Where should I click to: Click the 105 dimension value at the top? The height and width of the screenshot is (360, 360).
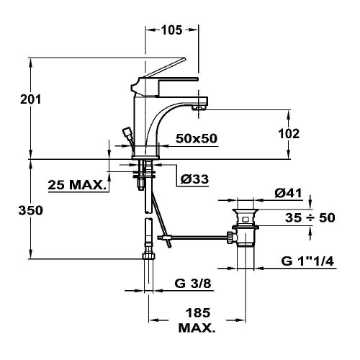171,30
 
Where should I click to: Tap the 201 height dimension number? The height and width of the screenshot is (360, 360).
31,99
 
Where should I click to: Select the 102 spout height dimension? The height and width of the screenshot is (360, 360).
289,134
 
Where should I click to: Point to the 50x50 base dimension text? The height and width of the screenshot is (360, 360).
197,138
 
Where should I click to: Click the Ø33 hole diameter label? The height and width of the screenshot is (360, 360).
194,179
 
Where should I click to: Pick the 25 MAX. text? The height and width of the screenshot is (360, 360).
77,185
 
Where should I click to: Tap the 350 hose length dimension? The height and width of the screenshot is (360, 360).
31,210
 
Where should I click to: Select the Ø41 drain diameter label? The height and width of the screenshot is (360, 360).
288,193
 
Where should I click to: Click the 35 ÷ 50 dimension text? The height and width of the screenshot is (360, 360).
310,217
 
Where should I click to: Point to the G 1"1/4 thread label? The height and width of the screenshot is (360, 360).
307,261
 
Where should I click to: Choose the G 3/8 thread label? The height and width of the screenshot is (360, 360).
193,283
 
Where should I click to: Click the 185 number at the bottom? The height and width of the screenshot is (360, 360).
198,312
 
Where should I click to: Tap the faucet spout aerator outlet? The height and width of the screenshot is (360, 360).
199,108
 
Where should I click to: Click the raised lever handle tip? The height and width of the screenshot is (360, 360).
184,58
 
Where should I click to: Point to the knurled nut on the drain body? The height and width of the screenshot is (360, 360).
230,237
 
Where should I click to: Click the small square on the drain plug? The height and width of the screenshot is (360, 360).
246,220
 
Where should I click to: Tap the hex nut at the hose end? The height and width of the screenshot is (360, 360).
148,256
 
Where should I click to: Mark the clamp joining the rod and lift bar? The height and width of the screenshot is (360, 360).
166,238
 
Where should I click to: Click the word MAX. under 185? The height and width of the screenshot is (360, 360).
197,328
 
